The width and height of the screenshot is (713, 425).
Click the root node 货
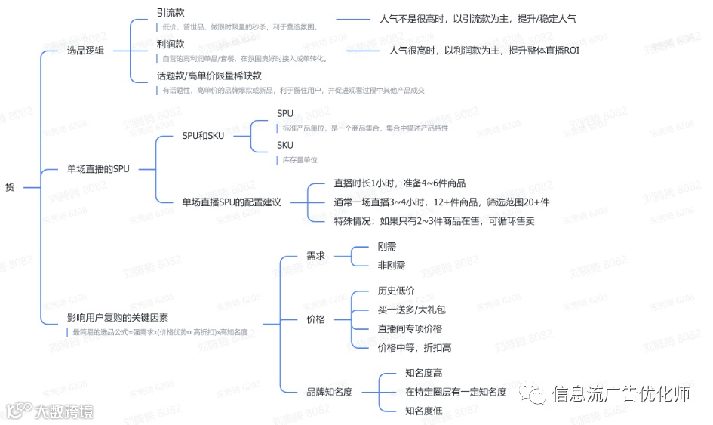pyautogui.click(x=9, y=186)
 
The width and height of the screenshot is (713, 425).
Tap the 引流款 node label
pyautogui.click(x=170, y=13)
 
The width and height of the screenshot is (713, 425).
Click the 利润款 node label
pyautogui.click(x=170, y=45)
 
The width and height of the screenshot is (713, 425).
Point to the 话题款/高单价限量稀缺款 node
pyautogui.click(x=208, y=76)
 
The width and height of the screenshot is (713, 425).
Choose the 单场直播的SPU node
pyautogui.click(x=98, y=169)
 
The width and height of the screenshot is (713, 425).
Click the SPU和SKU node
pyautogui.click(x=203, y=136)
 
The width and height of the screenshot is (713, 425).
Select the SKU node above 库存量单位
pyautogui.click(x=284, y=145)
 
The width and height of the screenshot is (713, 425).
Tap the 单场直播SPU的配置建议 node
pyautogui.click(x=231, y=202)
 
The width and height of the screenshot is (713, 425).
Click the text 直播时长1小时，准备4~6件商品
pyautogui.click(x=399, y=183)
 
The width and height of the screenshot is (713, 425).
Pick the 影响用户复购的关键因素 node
pyautogui.click(x=117, y=319)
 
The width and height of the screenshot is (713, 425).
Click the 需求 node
pyautogui.click(x=315, y=256)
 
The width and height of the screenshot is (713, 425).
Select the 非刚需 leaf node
pyautogui.click(x=391, y=266)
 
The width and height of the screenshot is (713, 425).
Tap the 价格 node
pyautogui.click(x=315, y=319)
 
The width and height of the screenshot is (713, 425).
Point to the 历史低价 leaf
pyautogui.click(x=395, y=291)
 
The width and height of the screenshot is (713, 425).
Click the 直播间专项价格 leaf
pyautogui.click(x=410, y=328)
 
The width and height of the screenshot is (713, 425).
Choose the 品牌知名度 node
pyautogui.click(x=329, y=392)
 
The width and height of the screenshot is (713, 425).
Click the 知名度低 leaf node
pyautogui.click(x=423, y=411)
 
